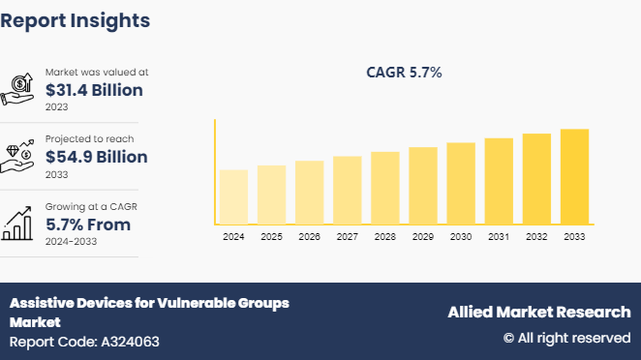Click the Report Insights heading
tap(76, 19)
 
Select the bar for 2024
tap(233, 197)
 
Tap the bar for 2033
tap(574, 177)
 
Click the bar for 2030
tap(461, 184)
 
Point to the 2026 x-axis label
tap(309, 236)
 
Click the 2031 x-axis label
tap(499, 236)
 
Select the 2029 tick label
tap(423, 236)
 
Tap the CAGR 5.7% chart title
tap(404, 73)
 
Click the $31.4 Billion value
tap(94, 91)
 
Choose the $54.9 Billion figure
tap(97, 157)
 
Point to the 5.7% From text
tap(88, 225)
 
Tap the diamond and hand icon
tap(20, 156)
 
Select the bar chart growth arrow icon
tap(20, 223)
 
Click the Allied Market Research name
tap(538, 312)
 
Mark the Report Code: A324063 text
tap(84, 342)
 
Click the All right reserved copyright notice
tap(566, 338)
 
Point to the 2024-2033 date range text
tap(71, 242)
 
